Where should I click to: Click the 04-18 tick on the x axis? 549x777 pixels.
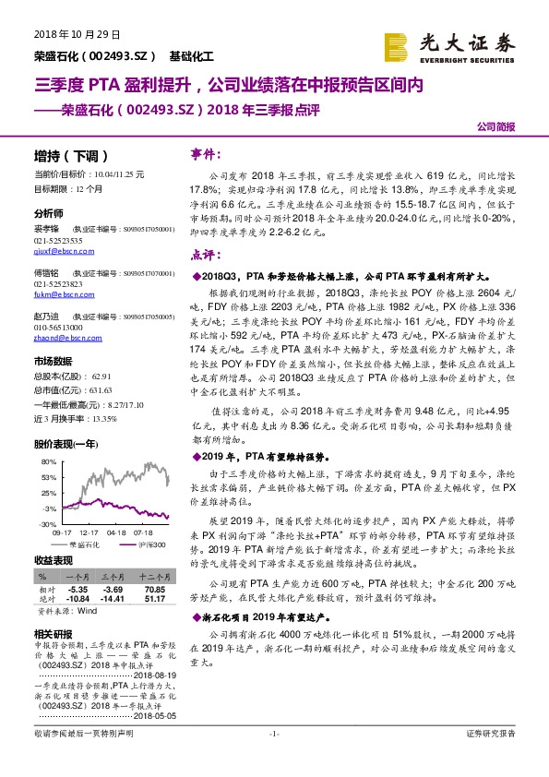116,533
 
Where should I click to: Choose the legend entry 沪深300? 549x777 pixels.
148,545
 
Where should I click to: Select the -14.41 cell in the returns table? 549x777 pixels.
113,597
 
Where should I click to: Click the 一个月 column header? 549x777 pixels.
78,576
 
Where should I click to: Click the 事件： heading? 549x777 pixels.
205,154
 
